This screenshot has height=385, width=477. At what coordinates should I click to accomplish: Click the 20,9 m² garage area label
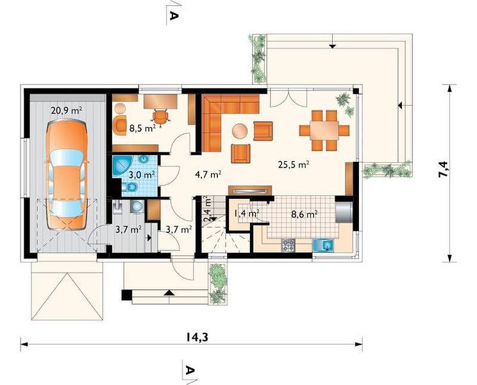point(66,110)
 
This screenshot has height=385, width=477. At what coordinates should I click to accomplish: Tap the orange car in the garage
point(67,175)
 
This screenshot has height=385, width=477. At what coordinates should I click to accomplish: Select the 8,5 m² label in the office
point(143,128)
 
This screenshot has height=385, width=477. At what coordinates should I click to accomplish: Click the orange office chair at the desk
point(160,116)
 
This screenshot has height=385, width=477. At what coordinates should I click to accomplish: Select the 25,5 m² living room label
point(294,165)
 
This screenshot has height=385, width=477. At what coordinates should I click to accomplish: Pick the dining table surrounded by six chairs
point(324,130)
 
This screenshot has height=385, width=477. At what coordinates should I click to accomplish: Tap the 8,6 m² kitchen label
point(305,214)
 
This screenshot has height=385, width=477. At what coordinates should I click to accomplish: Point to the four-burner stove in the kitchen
point(288,245)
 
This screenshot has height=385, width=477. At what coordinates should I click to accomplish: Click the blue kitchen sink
point(323,245)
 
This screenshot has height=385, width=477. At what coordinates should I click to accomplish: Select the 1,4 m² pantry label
point(247,213)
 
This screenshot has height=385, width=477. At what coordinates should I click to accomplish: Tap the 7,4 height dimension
point(443,169)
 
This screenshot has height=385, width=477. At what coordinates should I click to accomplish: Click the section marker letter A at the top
point(173,15)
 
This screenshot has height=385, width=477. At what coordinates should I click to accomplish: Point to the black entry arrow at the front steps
point(169,293)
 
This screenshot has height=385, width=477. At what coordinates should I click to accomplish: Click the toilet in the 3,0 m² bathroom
point(130,187)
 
